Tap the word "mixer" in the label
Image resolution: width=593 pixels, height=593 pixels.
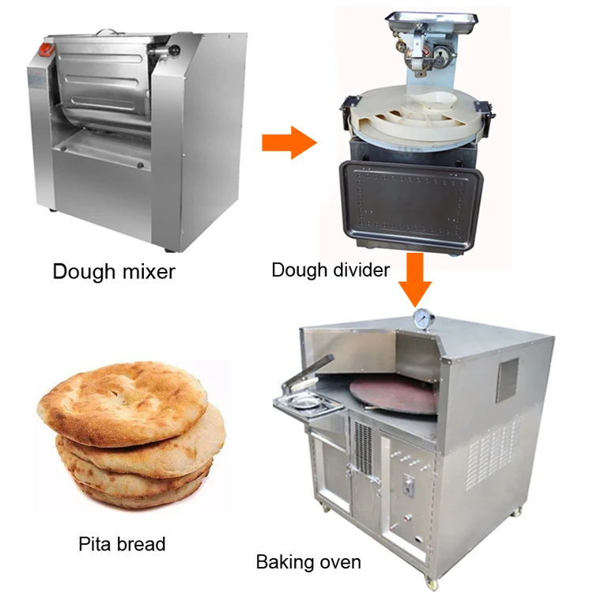(142, 272)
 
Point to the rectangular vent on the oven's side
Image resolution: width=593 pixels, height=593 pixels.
(507, 380)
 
